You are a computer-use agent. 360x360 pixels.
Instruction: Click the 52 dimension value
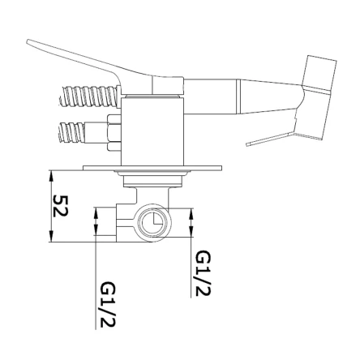60,206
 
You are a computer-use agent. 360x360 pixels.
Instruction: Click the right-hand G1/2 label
204,273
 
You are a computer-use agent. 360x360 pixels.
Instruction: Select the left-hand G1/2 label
108,305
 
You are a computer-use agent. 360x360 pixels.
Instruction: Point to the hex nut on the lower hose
114,133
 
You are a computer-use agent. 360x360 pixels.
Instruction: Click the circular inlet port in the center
153,223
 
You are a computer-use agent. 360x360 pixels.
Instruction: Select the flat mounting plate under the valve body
152,168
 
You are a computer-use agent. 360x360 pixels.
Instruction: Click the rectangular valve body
152,131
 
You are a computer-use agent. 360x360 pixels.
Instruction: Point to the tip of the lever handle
28,41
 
